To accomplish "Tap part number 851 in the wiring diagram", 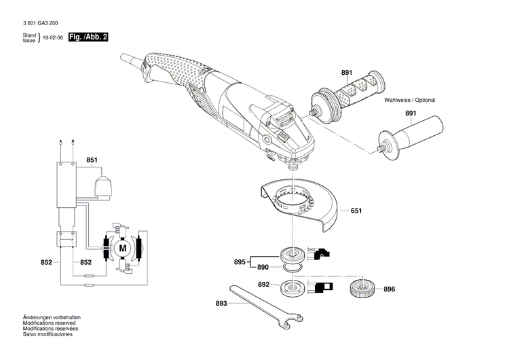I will point(92,160).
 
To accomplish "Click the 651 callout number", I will point(356,211).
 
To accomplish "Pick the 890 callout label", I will point(263,268).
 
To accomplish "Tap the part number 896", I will point(389,289).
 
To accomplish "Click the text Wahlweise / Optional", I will point(410,100).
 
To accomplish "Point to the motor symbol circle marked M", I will point(123,249).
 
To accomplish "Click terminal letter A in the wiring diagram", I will point(61,141).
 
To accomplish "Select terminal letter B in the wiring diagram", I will point(73,141).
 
